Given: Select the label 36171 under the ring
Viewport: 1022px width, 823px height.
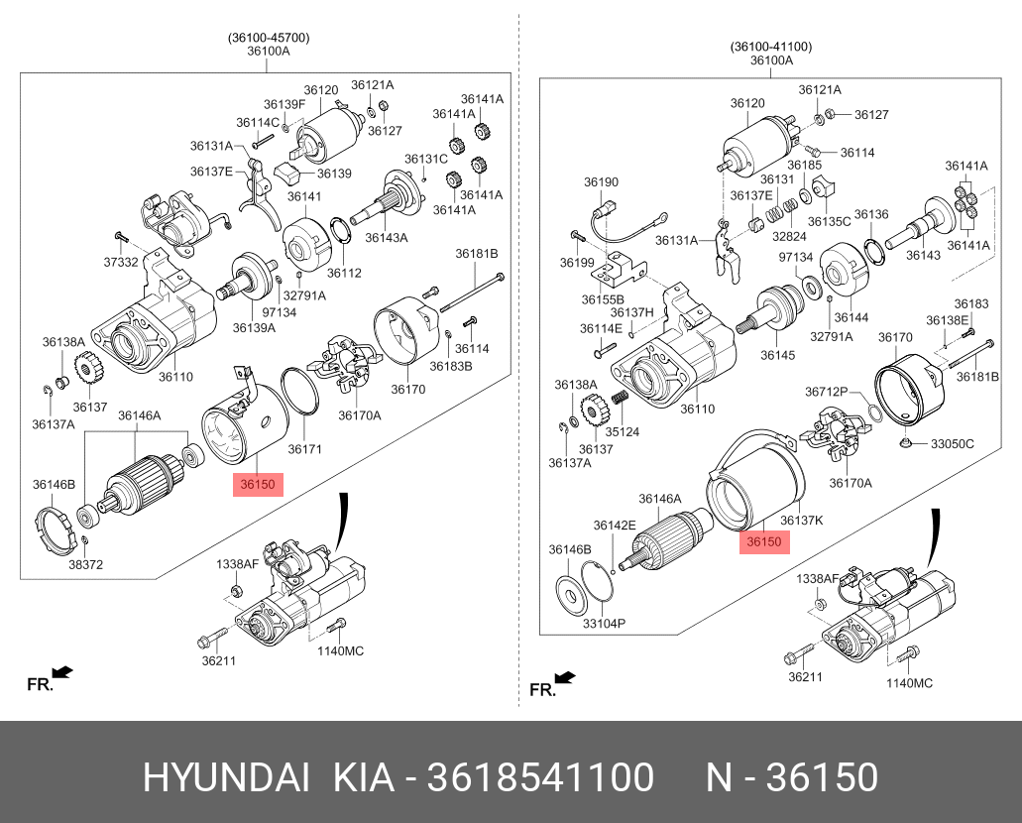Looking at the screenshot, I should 304,449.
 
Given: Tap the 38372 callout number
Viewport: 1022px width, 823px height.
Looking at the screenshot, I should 86,565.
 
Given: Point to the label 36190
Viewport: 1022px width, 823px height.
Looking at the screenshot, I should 601,182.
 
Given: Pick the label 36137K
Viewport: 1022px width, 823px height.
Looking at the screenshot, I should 802,519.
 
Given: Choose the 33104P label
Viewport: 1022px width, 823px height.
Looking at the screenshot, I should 604,624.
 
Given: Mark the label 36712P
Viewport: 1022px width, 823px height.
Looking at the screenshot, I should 826,391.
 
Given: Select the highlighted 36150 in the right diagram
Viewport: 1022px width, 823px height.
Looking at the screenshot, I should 764,541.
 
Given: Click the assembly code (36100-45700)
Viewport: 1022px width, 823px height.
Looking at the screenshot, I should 269,38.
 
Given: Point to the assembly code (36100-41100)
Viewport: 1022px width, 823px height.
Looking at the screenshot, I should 771,46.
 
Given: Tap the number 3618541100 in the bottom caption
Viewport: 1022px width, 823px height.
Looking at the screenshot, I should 540,778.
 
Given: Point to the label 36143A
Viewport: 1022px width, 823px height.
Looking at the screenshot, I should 387,237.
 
